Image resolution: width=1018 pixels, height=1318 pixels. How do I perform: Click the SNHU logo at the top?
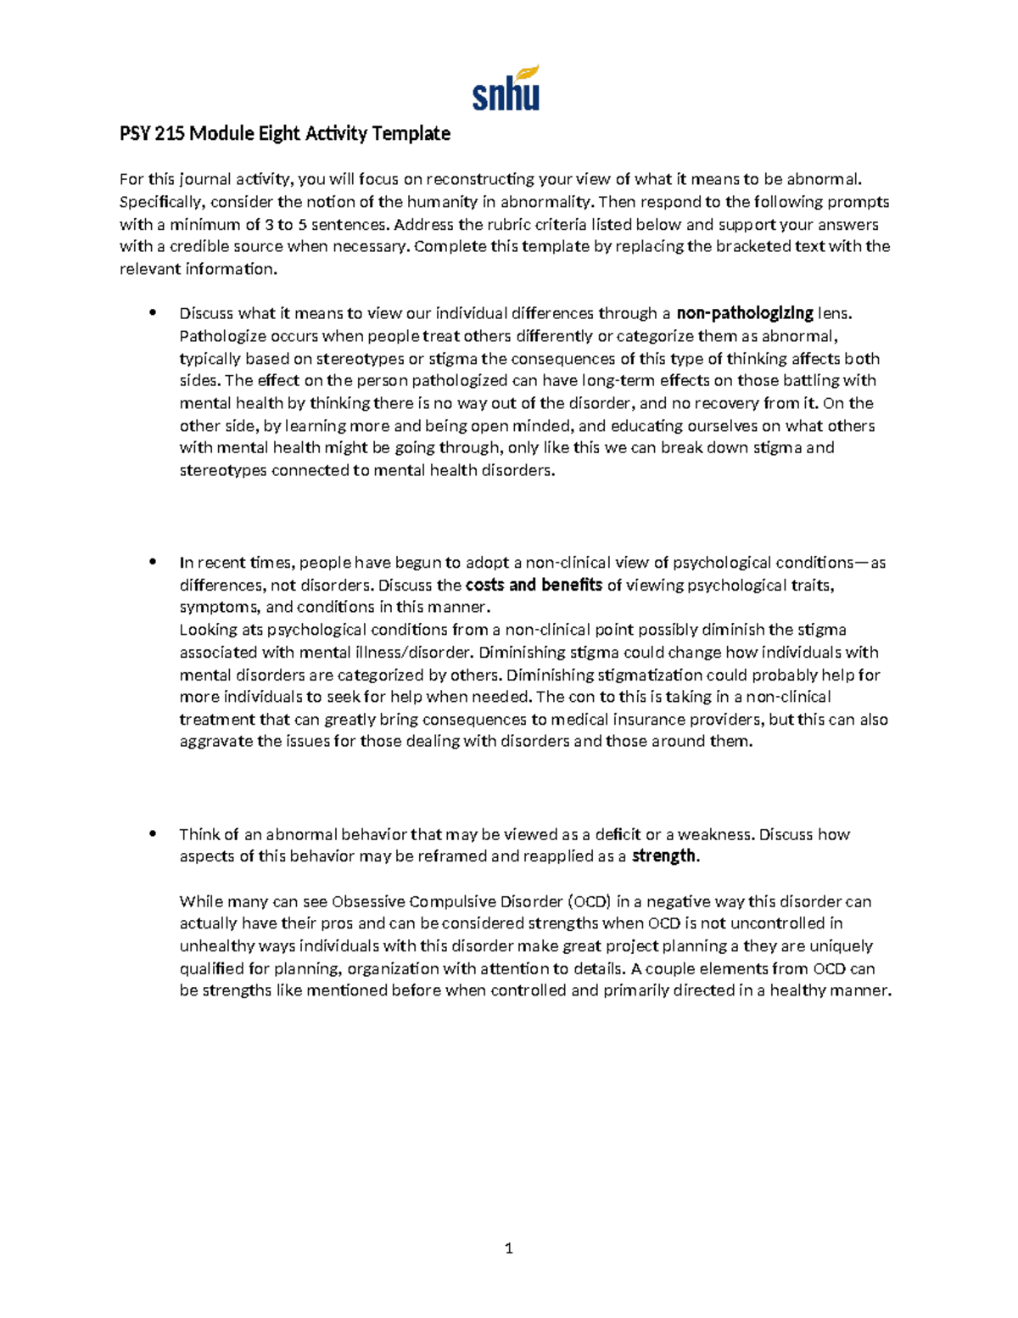tap(506, 88)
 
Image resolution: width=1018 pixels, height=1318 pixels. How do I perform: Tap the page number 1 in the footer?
tap(508, 1248)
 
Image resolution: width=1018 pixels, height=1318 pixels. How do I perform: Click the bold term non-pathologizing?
tap(745, 313)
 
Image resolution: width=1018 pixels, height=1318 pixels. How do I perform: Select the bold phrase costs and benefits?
tap(534, 585)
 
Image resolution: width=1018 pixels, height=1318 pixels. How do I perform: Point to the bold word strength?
tap(664, 856)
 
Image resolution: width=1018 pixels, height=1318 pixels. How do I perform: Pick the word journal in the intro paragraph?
tap(204, 179)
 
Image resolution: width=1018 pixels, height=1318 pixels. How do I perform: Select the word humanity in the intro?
tap(444, 202)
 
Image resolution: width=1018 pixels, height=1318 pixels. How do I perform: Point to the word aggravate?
tap(216, 742)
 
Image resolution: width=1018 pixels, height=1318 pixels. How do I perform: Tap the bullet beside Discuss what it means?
tap(153, 312)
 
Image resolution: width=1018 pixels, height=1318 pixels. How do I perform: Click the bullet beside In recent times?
tap(153, 562)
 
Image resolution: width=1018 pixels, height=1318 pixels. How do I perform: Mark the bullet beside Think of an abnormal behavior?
tap(153, 833)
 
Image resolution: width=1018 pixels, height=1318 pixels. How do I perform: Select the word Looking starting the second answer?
tap(208, 630)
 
